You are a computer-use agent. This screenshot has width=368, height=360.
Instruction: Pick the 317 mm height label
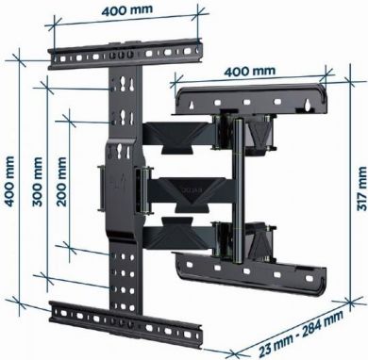(357, 194)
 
